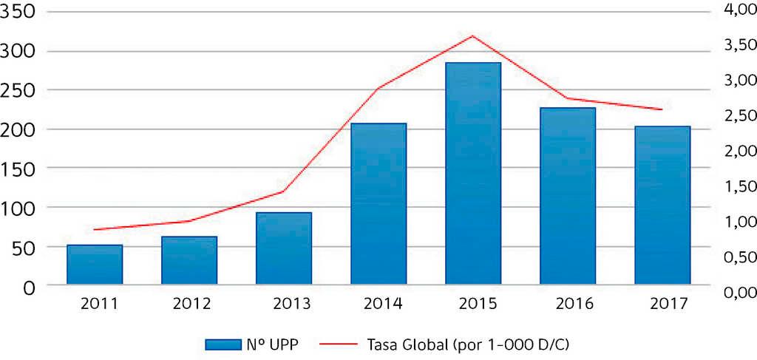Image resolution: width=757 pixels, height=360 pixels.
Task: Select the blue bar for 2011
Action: tap(95, 264)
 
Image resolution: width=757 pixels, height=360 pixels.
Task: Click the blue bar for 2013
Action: tap(284, 248)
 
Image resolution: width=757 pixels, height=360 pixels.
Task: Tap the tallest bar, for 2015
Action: tap(473, 173)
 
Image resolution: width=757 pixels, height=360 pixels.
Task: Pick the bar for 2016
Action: tap(568, 196)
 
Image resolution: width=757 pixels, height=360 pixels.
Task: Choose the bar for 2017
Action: tap(662, 205)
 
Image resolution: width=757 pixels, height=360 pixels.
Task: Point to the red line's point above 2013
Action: tap(284, 191)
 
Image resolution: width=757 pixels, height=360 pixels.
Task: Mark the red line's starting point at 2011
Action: tap(95, 230)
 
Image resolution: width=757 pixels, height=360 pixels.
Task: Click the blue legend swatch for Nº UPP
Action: tap(225, 344)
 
